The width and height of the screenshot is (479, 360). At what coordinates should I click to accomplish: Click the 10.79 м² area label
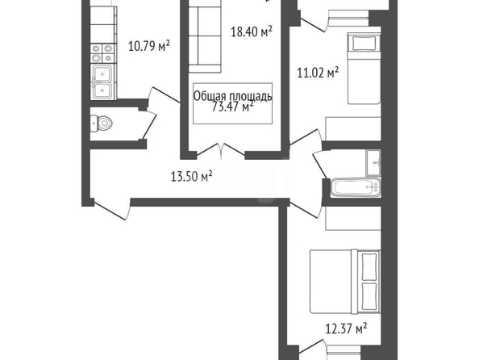pos(149,47)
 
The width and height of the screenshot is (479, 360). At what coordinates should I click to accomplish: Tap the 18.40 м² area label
pos(252,31)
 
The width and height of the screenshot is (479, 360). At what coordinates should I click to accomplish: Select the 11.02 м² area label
pos(318,73)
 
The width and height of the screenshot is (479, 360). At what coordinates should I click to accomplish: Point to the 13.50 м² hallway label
pos(192,177)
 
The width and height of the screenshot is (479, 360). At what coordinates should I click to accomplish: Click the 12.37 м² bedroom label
pos(346,329)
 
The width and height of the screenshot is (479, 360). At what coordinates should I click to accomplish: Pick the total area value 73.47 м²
pos(233,107)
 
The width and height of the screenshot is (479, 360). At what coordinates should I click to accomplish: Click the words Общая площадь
pos(233,96)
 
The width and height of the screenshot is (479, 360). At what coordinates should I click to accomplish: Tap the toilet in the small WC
pos(102,123)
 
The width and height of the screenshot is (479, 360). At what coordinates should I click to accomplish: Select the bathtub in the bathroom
pos(356,187)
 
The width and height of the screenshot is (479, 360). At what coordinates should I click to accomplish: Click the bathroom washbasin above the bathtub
pos(373,163)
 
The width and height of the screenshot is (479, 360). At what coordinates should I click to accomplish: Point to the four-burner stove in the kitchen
pos(103,53)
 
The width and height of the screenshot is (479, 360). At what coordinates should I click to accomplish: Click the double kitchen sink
pos(102,82)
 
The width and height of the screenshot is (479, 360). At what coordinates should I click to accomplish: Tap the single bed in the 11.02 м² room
pos(364,69)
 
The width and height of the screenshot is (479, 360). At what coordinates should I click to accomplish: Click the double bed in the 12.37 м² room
pos(345,282)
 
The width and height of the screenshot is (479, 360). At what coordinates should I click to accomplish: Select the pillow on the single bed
pos(364,44)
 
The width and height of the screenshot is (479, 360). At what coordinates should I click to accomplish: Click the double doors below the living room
pos(221,151)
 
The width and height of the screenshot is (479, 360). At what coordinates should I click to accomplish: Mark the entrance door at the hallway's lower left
pos(112,209)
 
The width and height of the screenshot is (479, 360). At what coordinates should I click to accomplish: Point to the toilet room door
pos(149,125)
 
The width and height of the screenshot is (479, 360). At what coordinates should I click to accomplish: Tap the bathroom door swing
pos(321,165)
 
